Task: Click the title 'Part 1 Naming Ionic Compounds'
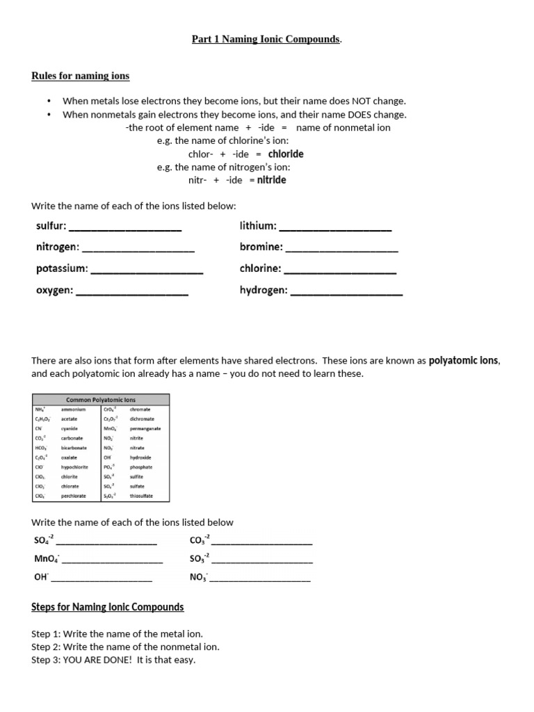[266, 40]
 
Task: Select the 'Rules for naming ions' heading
[80, 76]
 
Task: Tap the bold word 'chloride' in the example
[286, 154]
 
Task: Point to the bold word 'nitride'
[271, 180]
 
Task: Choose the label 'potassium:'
[62, 268]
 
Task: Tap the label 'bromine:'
[261, 247]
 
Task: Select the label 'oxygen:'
[54, 291]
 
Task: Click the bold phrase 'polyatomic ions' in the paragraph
[464, 361]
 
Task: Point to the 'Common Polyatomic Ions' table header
[101, 400]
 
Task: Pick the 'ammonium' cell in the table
[73, 410]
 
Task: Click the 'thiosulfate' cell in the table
[141, 496]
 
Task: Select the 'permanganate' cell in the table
[145, 429]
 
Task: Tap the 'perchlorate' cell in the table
[74, 496]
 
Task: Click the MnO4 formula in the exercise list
[47, 559]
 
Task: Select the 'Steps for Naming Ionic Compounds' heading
[108, 607]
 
